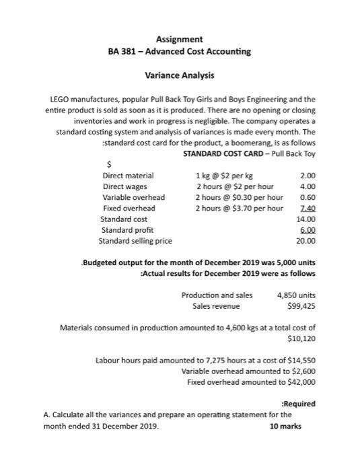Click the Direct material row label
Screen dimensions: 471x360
tap(128, 176)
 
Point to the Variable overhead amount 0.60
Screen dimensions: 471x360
tap(307, 197)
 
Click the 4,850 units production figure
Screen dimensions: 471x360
tap(296, 295)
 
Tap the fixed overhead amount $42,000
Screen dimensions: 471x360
tap(299, 382)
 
